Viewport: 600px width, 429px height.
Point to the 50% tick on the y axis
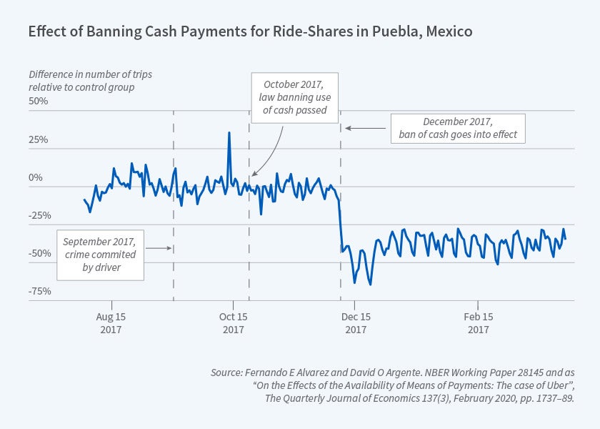click(39, 101)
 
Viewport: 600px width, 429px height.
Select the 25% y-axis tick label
click(39, 139)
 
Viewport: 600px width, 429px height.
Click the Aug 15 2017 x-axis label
click(111, 322)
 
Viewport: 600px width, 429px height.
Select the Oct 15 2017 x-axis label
click(233, 322)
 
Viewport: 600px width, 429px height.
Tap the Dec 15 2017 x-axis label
click(356, 322)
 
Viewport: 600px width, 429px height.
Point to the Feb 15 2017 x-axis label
click(478, 322)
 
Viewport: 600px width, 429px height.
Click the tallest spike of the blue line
click(229, 132)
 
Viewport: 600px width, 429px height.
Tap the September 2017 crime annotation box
click(99, 254)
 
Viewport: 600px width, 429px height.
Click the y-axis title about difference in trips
click(81, 81)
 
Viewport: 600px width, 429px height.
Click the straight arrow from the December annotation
click(366, 128)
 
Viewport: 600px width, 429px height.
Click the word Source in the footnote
click(226, 373)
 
